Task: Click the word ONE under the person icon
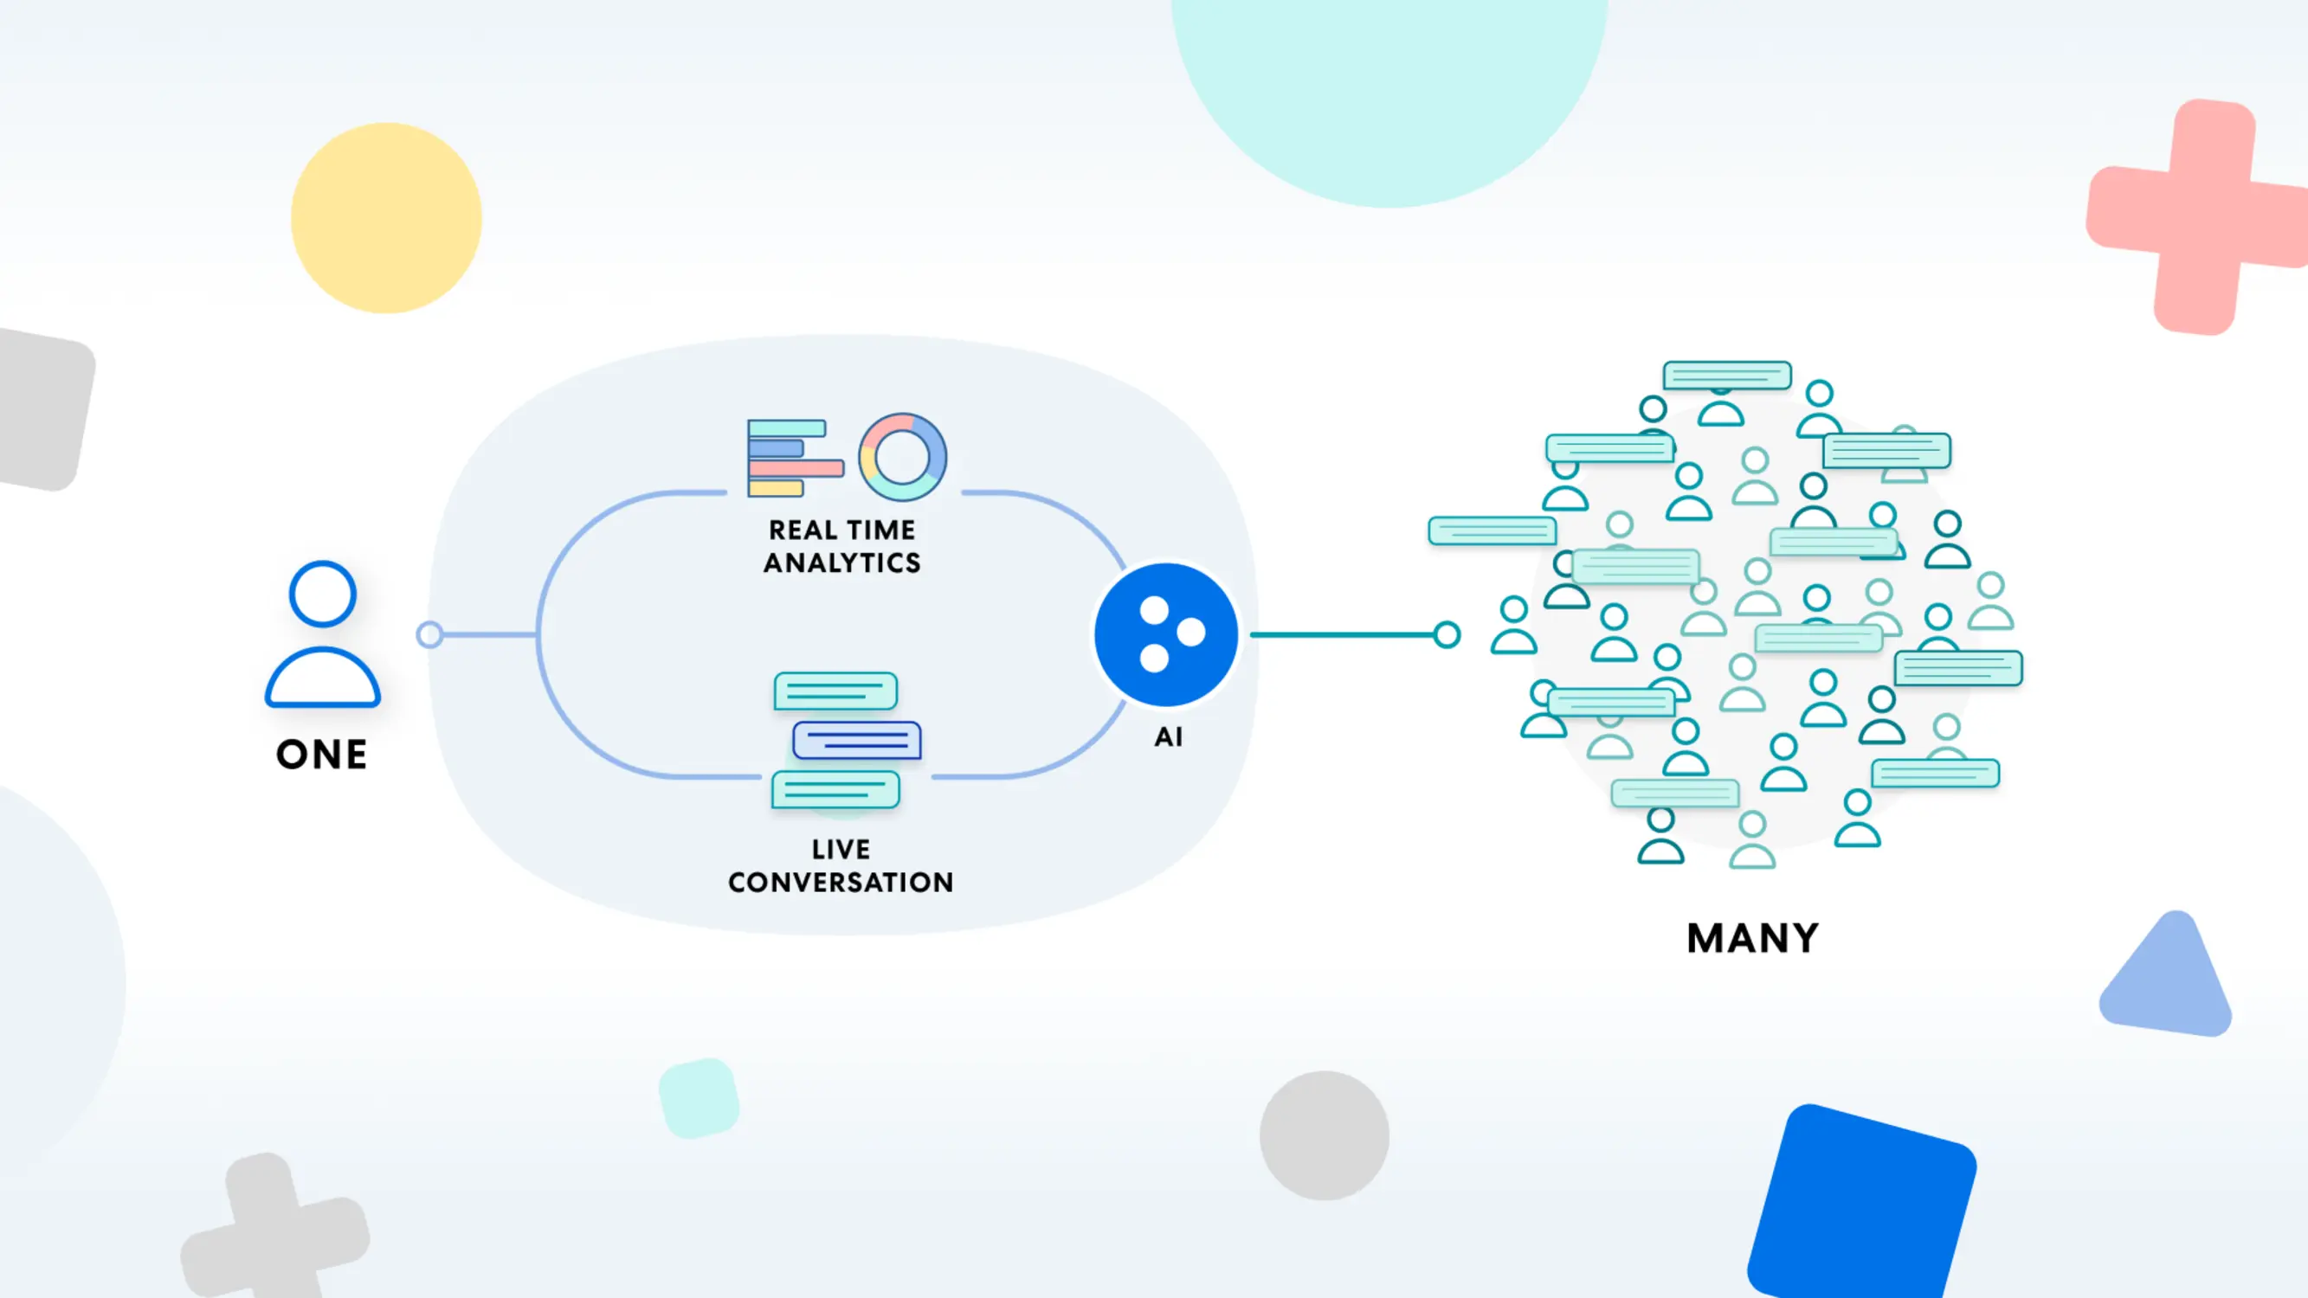point(322,755)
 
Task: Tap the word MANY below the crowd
point(1752,938)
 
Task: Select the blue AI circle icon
point(1166,634)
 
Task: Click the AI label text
point(1169,736)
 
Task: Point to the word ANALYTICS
point(841,562)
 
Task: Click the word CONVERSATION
point(841,883)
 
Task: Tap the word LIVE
point(841,849)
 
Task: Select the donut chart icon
point(902,457)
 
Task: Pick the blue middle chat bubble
point(856,741)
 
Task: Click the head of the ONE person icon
point(323,594)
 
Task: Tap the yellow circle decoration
point(386,218)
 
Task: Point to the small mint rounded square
point(699,1098)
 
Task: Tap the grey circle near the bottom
point(1325,1135)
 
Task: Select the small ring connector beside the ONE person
point(429,634)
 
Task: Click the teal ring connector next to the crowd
point(1446,634)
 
